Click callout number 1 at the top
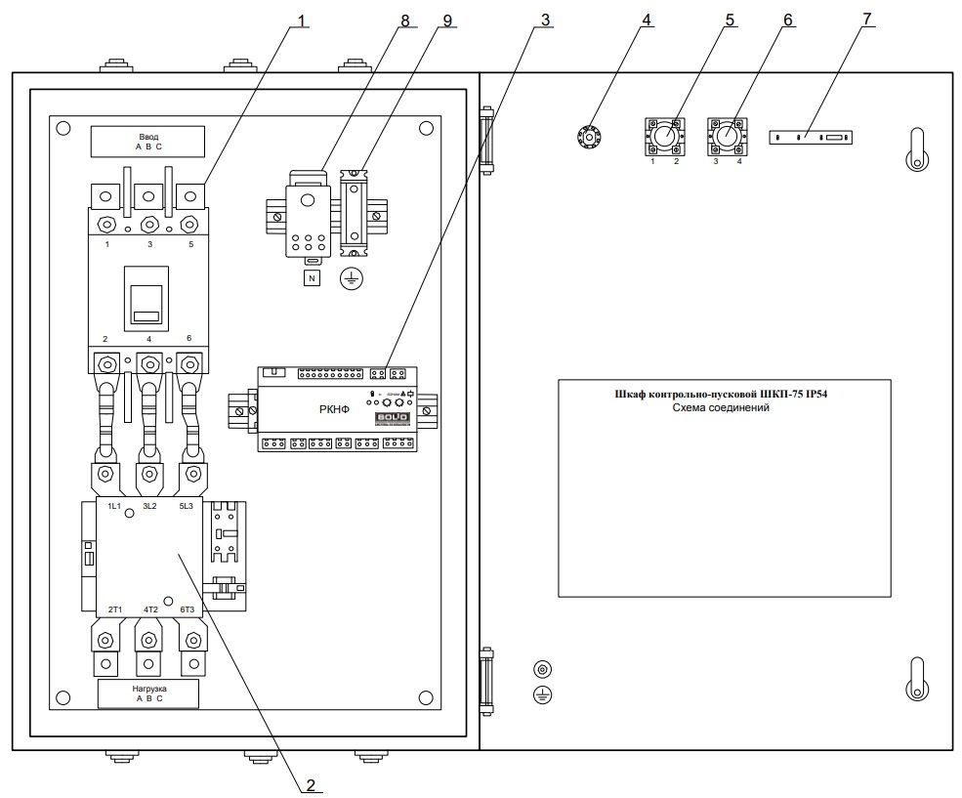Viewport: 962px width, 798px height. [x=301, y=20]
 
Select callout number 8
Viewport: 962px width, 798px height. [x=403, y=20]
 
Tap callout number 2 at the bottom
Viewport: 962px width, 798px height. [x=311, y=782]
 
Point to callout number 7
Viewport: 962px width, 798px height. [x=866, y=20]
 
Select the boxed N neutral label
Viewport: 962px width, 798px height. [x=313, y=278]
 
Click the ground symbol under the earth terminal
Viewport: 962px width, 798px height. [x=352, y=279]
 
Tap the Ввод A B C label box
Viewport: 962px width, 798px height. [x=148, y=142]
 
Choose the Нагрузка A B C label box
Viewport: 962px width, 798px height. [x=148, y=693]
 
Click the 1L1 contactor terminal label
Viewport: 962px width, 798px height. [x=114, y=507]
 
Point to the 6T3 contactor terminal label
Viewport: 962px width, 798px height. [x=187, y=609]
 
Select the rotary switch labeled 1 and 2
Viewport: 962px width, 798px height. [x=664, y=137]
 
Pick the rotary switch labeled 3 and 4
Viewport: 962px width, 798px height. [x=728, y=137]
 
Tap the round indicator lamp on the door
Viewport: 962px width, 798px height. [x=588, y=136]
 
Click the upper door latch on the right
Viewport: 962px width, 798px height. [x=916, y=149]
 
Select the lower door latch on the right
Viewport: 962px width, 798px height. [x=916, y=678]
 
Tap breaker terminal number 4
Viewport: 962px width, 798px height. [x=149, y=338]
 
